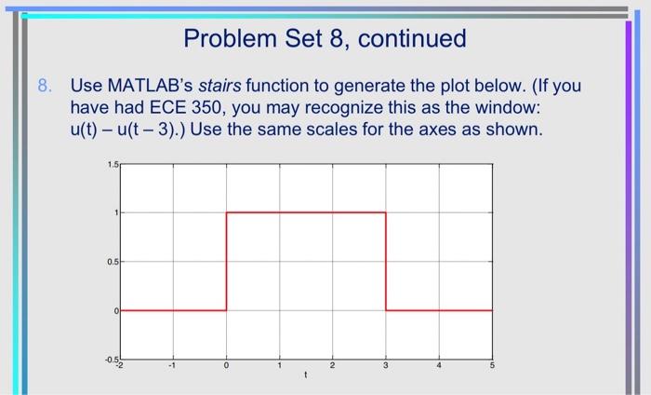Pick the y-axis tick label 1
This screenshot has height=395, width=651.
tap(115, 213)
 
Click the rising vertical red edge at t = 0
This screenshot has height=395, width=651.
tap(226, 261)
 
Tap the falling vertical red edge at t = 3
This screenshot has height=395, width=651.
tap(386, 261)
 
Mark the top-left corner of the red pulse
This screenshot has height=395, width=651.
tap(226, 213)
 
